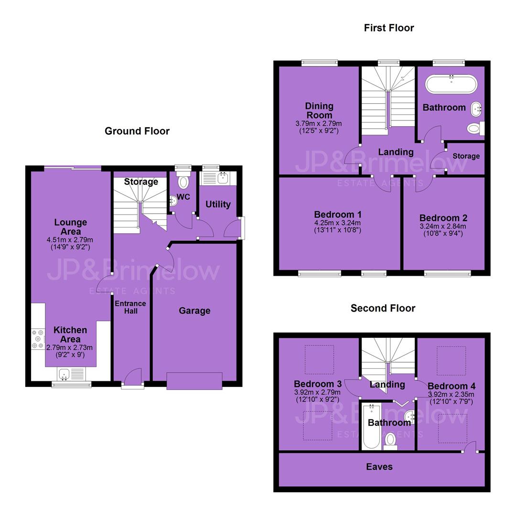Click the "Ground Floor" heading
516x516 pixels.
click(137, 131)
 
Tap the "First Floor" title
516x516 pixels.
click(388, 28)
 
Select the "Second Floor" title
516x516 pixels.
click(383, 308)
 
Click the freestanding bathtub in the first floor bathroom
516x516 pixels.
click(451, 84)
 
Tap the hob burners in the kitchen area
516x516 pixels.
click(38, 339)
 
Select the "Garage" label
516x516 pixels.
click(194, 311)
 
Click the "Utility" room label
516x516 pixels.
click(218, 204)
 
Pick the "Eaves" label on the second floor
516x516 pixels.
click(379, 467)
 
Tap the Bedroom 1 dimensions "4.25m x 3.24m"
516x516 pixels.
click(337, 223)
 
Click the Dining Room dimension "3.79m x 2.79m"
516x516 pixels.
click(319, 124)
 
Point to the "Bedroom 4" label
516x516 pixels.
click(451, 386)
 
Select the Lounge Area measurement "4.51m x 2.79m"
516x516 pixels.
click(70, 240)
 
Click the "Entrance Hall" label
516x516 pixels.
click(130, 307)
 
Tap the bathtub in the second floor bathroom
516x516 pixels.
click(371, 426)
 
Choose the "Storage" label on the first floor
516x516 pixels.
click(466, 156)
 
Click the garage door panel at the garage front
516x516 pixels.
click(194, 381)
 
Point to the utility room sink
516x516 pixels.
click(223, 178)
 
